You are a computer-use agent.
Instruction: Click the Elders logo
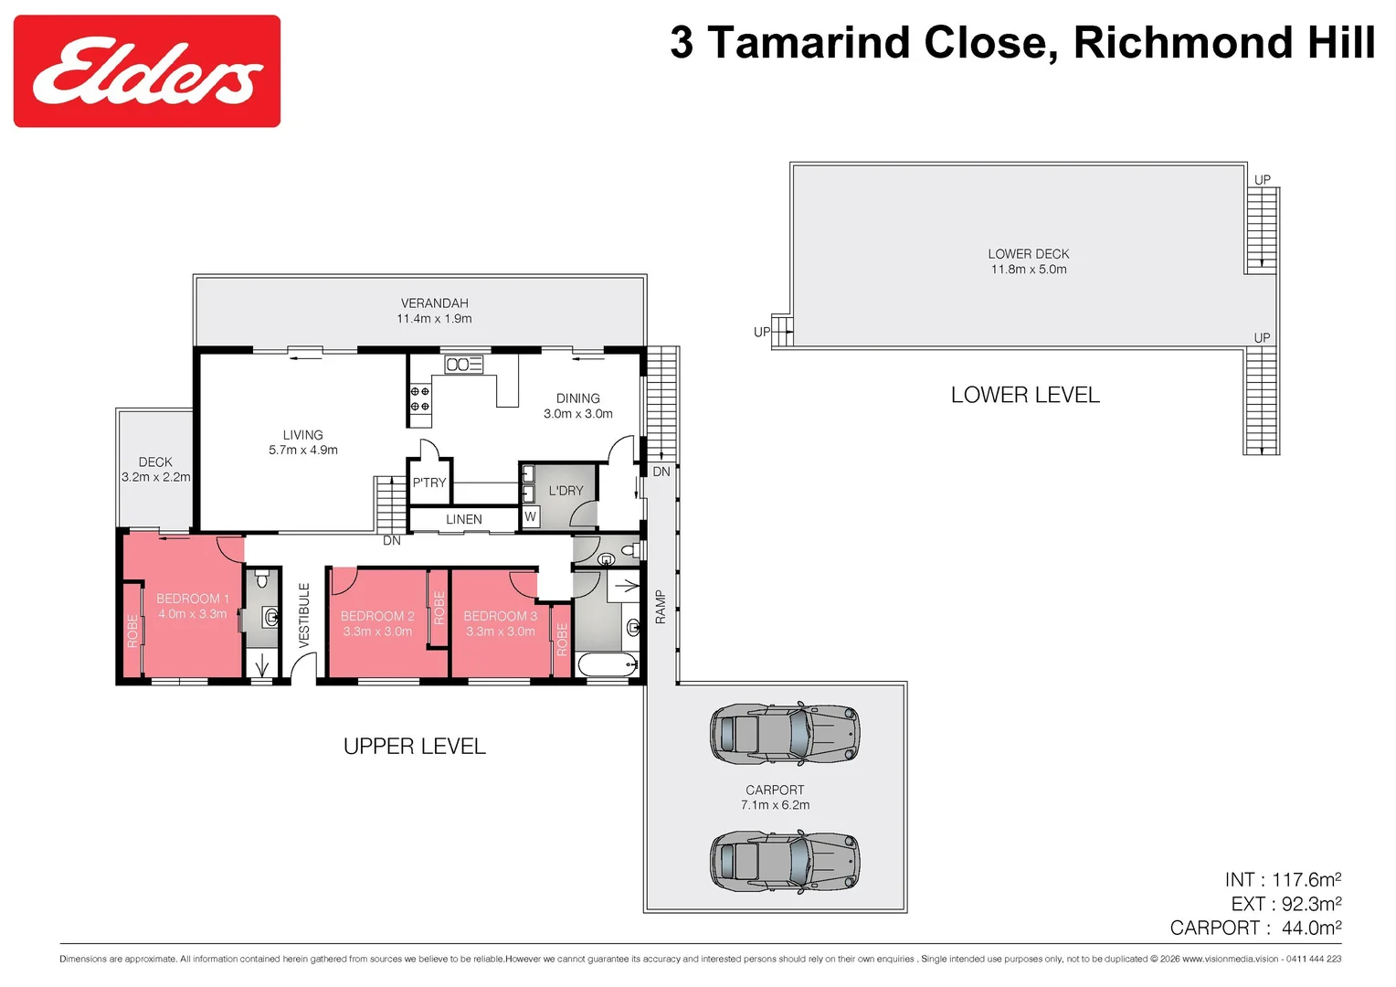point(146,71)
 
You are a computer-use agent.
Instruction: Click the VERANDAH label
point(434,303)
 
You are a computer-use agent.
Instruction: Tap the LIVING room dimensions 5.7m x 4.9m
point(303,451)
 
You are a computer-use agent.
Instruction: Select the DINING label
point(578,398)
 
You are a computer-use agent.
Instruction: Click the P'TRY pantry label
point(429,483)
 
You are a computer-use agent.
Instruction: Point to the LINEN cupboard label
point(464,519)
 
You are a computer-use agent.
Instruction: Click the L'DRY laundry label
point(566,491)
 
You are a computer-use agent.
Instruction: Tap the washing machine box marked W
point(530,517)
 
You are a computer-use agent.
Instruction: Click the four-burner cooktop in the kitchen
point(419,398)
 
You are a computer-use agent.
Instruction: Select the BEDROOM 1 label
point(192,599)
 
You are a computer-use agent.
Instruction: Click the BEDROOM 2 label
point(377,616)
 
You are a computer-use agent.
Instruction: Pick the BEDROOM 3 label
point(500,616)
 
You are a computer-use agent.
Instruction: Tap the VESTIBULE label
point(304,615)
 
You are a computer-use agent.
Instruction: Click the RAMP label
point(661,607)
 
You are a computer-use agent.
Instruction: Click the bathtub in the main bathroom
point(607,665)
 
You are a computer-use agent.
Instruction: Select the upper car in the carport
point(785,733)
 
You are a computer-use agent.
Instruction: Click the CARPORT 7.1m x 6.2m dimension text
point(775,805)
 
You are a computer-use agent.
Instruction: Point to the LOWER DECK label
point(1028,254)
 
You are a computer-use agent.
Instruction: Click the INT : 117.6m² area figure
point(1283,880)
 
